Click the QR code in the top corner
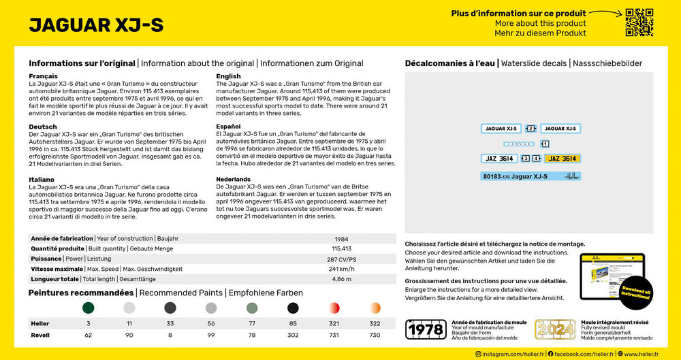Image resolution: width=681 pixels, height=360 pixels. (x=639, y=22)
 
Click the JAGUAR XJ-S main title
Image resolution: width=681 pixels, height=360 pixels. (x=96, y=24)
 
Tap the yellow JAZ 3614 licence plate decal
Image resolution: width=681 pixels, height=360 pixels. (x=562, y=159)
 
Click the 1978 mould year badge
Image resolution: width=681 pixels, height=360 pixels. (x=426, y=329)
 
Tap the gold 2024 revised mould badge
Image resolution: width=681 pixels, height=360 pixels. (x=555, y=329)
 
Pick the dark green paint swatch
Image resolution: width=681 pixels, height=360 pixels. (x=89, y=308)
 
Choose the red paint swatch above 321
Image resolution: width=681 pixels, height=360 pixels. (x=334, y=308)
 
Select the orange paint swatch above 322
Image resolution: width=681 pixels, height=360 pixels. (x=375, y=308)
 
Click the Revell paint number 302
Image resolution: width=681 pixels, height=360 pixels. (x=293, y=336)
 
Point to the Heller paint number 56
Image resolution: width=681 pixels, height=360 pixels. (x=211, y=324)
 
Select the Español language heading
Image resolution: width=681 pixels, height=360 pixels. (x=229, y=127)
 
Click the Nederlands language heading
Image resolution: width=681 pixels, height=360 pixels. (x=233, y=179)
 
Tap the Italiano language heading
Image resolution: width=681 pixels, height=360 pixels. (x=43, y=179)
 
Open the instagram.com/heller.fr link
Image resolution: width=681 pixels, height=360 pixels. (x=507, y=354)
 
